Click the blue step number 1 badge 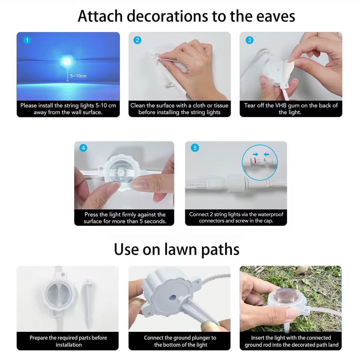tap(27, 40)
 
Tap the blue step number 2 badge tap(137, 40)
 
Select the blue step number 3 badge tap(249, 40)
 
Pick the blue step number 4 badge tap(83, 148)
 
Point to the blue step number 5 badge tap(195, 148)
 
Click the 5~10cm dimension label tap(78, 76)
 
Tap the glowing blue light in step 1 tap(67, 61)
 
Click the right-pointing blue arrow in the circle tap(255, 154)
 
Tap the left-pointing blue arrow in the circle tap(266, 154)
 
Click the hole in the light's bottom tap(173, 298)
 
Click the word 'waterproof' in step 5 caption tap(270, 214)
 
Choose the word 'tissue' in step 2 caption tap(221, 105)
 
